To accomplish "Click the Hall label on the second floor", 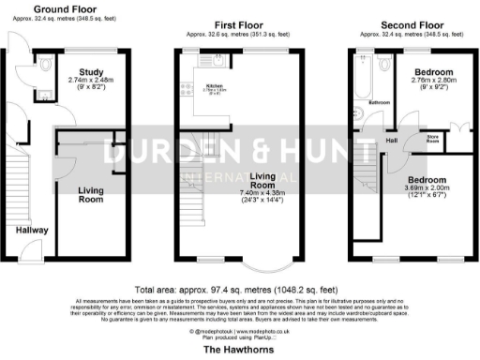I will tap(392, 141).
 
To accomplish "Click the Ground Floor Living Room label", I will tap(89, 194).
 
